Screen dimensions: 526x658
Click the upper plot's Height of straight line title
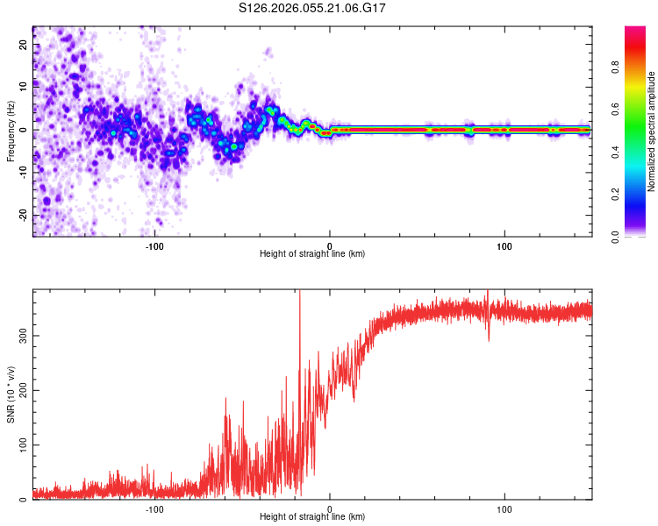(x=312, y=253)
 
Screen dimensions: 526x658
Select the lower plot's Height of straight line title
(x=312, y=516)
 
